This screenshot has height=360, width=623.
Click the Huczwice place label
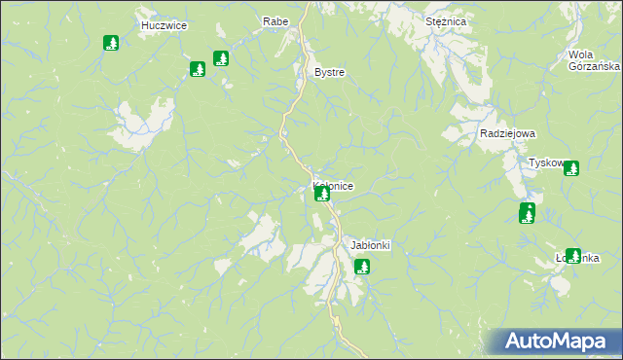(164, 25)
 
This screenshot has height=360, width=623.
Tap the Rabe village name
(275, 20)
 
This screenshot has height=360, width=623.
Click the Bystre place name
(329, 73)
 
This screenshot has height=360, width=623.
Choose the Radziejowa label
(507, 134)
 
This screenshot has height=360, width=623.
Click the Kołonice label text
(333, 185)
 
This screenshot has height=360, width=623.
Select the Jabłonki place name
(370, 245)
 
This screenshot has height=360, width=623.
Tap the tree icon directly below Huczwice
(111, 43)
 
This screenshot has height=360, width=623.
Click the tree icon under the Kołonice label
(322, 195)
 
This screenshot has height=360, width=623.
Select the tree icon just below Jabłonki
(362, 266)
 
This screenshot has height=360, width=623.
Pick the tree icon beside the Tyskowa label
(571, 168)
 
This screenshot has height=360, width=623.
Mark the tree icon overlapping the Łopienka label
(573, 256)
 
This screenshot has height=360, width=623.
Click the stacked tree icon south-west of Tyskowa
(527, 213)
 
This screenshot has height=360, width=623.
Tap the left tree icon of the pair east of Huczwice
(198, 69)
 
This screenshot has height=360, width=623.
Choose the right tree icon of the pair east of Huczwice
(221, 58)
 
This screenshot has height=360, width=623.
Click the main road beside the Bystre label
(302, 74)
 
